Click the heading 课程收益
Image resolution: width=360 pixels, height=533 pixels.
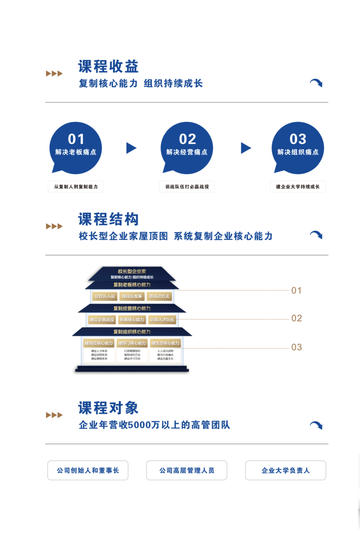click(108, 66)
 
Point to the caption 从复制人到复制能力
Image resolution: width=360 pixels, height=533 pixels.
click(76, 187)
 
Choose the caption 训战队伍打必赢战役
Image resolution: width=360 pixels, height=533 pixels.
click(187, 187)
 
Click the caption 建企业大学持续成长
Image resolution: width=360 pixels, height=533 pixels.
click(298, 187)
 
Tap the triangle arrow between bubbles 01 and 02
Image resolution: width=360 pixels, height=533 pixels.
click(131, 148)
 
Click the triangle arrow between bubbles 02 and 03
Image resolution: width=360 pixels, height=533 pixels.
click(246, 148)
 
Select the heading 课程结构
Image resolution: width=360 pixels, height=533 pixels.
click(108, 219)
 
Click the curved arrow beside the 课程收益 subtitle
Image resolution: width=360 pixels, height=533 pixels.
click(316, 83)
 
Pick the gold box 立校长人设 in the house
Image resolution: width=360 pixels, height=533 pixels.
click(105, 296)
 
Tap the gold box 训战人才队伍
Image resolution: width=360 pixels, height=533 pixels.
click(163, 320)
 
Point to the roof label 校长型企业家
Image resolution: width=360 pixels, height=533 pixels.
click(132, 271)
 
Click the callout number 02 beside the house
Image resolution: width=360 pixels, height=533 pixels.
click(297, 318)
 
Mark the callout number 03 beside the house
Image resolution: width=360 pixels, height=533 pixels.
click(297, 347)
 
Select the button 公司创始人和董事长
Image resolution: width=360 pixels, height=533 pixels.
click(88, 470)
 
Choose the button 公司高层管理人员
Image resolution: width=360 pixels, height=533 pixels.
click(187, 470)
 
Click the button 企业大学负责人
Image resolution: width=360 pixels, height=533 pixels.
click(286, 470)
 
